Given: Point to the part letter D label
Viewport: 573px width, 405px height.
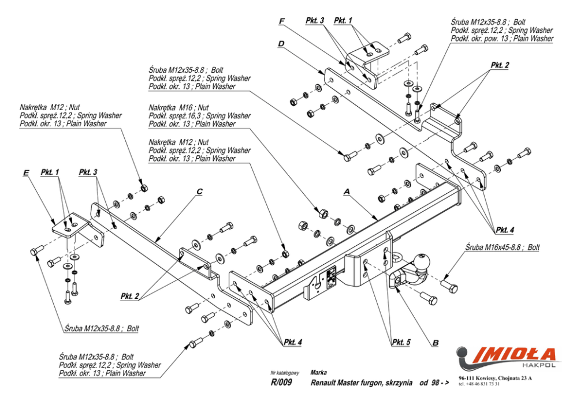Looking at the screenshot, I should point(280,43).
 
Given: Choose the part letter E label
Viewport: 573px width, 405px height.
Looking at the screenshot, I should point(25,172).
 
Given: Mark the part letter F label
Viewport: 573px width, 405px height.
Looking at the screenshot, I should point(282,21).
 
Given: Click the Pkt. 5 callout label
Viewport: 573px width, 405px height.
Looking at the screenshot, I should point(401,342).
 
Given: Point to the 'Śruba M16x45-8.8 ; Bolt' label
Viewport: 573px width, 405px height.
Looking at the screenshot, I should point(503,247).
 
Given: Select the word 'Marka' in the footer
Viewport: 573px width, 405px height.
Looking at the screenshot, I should point(319,373).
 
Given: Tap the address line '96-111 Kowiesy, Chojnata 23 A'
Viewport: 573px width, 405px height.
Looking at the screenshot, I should point(495,378).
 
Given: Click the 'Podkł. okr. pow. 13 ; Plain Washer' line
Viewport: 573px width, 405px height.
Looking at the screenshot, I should point(502,39).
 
